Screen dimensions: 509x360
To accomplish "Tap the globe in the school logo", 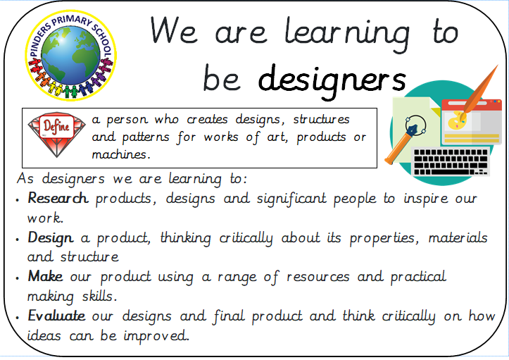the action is point(71,56).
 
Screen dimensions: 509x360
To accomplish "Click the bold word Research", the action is point(58,198).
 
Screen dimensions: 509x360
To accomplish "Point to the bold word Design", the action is point(51,238).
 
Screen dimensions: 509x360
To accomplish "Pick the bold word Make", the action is point(45,276).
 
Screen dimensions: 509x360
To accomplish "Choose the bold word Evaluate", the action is point(56,316).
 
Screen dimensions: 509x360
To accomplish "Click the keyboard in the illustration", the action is point(451,161).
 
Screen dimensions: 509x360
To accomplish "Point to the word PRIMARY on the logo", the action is point(71,21).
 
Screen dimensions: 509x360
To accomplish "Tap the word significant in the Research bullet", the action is point(291,199).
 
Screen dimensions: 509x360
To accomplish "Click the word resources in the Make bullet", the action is point(318,277).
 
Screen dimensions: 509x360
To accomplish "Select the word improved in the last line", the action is point(156,335).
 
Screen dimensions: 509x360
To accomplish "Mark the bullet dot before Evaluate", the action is point(18,318).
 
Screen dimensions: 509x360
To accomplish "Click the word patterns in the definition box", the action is point(146,138).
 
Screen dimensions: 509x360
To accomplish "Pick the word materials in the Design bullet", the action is point(458,237).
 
